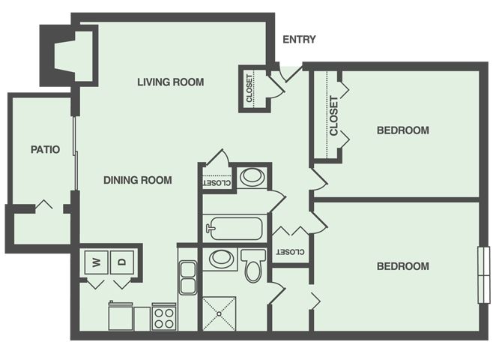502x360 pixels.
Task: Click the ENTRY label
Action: pyautogui.click(x=299, y=40)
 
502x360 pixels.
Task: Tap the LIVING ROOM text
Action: pyautogui.click(x=171, y=82)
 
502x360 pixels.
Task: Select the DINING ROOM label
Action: pyautogui.click(x=138, y=180)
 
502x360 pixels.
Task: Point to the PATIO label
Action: pyautogui.click(x=45, y=149)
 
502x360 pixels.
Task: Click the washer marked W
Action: pyautogui.click(x=97, y=262)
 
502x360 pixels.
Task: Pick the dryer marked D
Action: pyautogui.click(x=122, y=262)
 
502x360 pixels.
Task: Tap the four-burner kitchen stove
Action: pyautogui.click(x=164, y=316)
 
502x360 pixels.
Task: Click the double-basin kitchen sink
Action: pyautogui.click(x=188, y=277)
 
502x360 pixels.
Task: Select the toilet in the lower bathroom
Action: pyautogui.click(x=253, y=265)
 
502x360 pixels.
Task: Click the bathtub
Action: pyautogui.click(x=235, y=229)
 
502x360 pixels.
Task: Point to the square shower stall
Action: pyautogui.click(x=220, y=313)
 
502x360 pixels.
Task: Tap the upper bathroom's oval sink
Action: pyautogui.click(x=252, y=177)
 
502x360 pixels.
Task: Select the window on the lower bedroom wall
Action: pyautogui.click(x=484, y=274)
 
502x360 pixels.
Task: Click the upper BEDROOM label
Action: pyautogui.click(x=403, y=130)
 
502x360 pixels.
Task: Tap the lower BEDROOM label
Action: pyautogui.click(x=403, y=266)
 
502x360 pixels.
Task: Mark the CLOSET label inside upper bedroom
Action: pyautogui.click(x=333, y=115)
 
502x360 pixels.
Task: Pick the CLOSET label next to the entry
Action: pyautogui.click(x=250, y=88)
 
